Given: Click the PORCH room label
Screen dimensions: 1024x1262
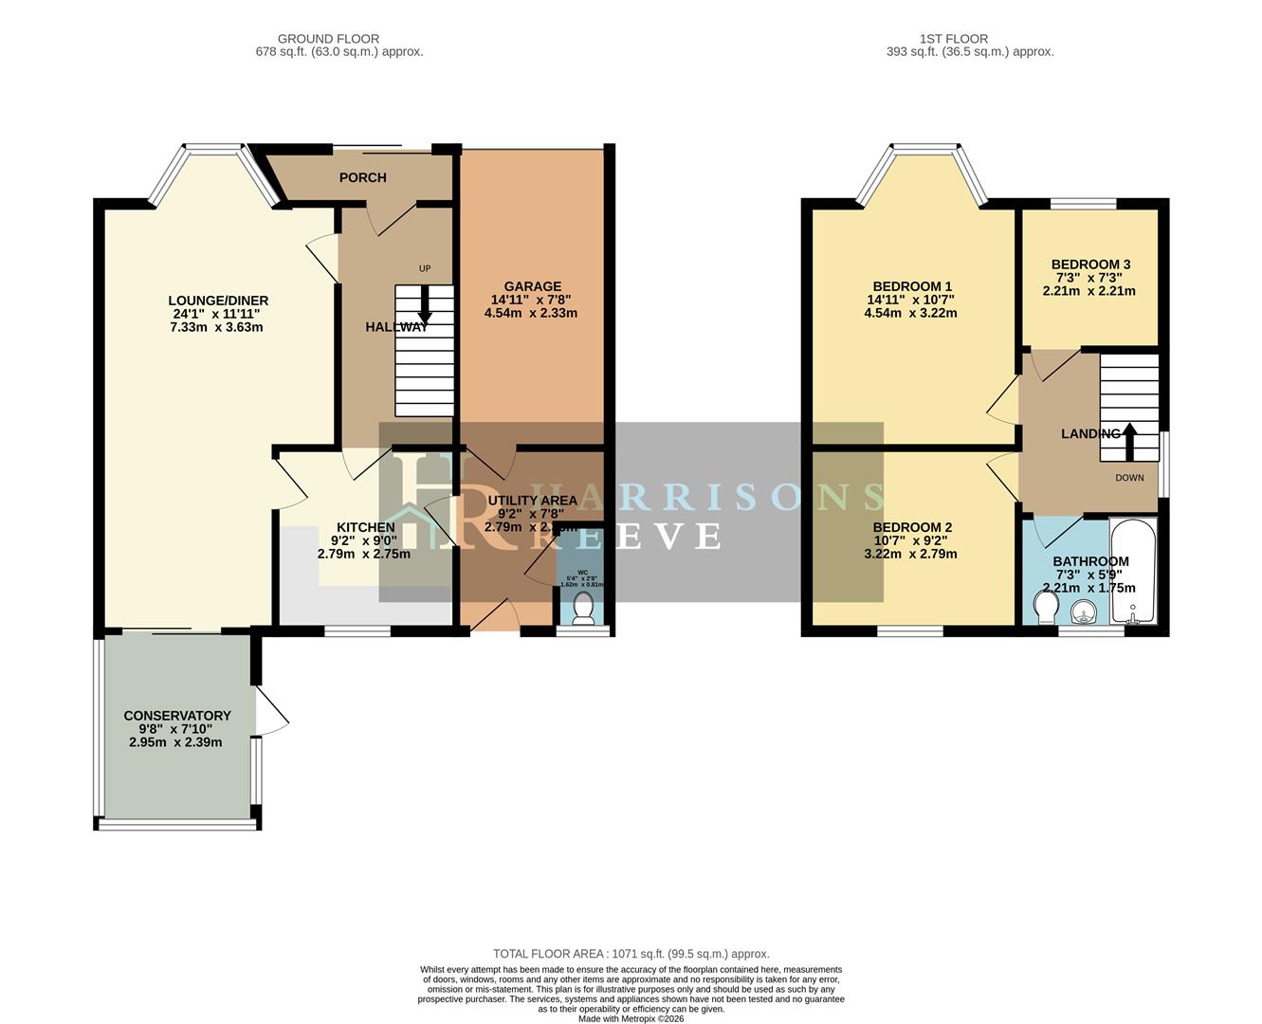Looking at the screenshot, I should pos(362,177).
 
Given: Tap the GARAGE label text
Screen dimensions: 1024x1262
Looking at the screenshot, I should pos(532,286).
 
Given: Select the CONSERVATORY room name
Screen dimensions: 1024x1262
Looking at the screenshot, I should pos(177,716).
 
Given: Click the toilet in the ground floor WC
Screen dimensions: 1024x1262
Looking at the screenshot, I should pos(583,617).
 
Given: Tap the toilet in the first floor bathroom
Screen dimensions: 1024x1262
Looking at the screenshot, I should pos(1046,609).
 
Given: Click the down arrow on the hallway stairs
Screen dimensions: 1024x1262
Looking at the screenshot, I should pos(424,306).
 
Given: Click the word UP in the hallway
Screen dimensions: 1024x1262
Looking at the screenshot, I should pos(425,268).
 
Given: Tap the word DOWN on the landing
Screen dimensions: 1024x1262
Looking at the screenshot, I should pos(1129,478).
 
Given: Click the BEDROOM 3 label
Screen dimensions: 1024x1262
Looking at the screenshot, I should pos(1090,265).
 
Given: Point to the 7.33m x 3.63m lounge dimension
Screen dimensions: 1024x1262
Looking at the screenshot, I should pos(216,327).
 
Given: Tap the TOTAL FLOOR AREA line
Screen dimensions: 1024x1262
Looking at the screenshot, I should pos(631,954).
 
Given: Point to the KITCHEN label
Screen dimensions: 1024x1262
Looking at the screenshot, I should pos(366,527).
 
